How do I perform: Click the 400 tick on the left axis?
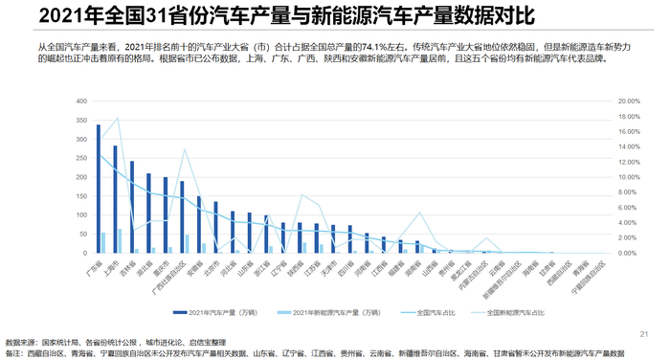79,101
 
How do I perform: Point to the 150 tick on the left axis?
79,195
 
